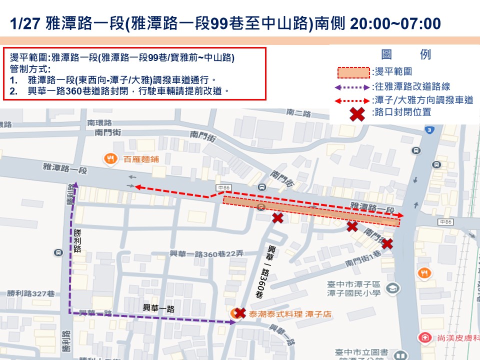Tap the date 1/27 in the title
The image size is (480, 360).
(x=25, y=23)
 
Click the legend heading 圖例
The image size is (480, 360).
(x=406, y=54)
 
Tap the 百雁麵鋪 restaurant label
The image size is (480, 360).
(x=141, y=159)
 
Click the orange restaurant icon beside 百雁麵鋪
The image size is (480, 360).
(x=110, y=159)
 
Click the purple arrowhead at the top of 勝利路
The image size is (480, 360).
(x=75, y=185)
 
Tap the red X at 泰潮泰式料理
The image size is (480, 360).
(x=240, y=313)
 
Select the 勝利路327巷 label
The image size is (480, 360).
(x=30, y=293)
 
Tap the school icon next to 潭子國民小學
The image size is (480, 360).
(x=393, y=288)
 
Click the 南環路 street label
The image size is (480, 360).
(x=98, y=122)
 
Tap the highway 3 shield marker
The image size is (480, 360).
(x=429, y=130)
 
